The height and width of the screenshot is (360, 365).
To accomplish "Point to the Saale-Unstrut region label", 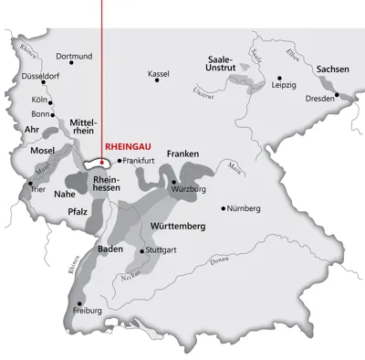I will click(223, 64).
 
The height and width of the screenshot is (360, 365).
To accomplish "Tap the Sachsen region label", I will click(332, 69).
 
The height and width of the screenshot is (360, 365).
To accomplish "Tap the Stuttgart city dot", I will click(141, 249).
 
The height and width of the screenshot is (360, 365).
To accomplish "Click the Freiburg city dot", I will click(80, 302).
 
